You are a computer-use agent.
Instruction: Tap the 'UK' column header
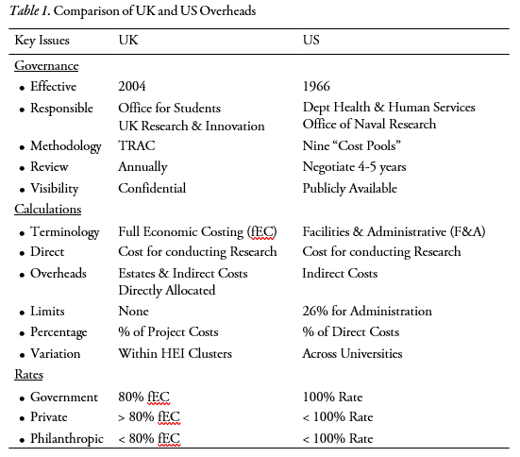click(x=128, y=42)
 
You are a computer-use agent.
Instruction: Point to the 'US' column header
click(x=311, y=42)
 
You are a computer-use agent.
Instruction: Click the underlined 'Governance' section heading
click(x=46, y=66)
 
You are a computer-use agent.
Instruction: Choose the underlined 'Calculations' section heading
click(x=48, y=210)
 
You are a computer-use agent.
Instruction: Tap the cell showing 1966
click(x=318, y=87)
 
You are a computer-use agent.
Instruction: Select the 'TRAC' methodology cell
click(x=135, y=146)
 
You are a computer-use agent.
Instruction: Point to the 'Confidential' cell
click(x=151, y=188)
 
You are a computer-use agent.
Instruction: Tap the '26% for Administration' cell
click(x=367, y=312)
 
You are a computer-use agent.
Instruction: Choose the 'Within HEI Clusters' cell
click(x=176, y=353)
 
